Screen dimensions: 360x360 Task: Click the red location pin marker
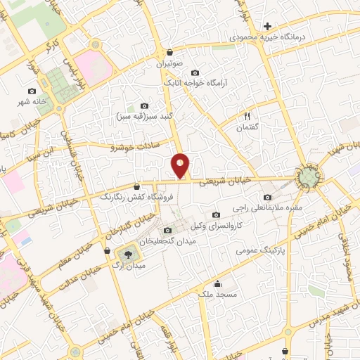coord(181,166)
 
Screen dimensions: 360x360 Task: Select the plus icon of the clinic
coord(267,26)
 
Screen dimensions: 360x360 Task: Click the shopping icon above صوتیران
coord(170,52)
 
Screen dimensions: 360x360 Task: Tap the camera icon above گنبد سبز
coord(145,105)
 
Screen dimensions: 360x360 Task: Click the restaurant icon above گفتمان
coord(247,115)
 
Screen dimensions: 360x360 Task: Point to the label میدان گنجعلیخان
coord(167,240)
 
